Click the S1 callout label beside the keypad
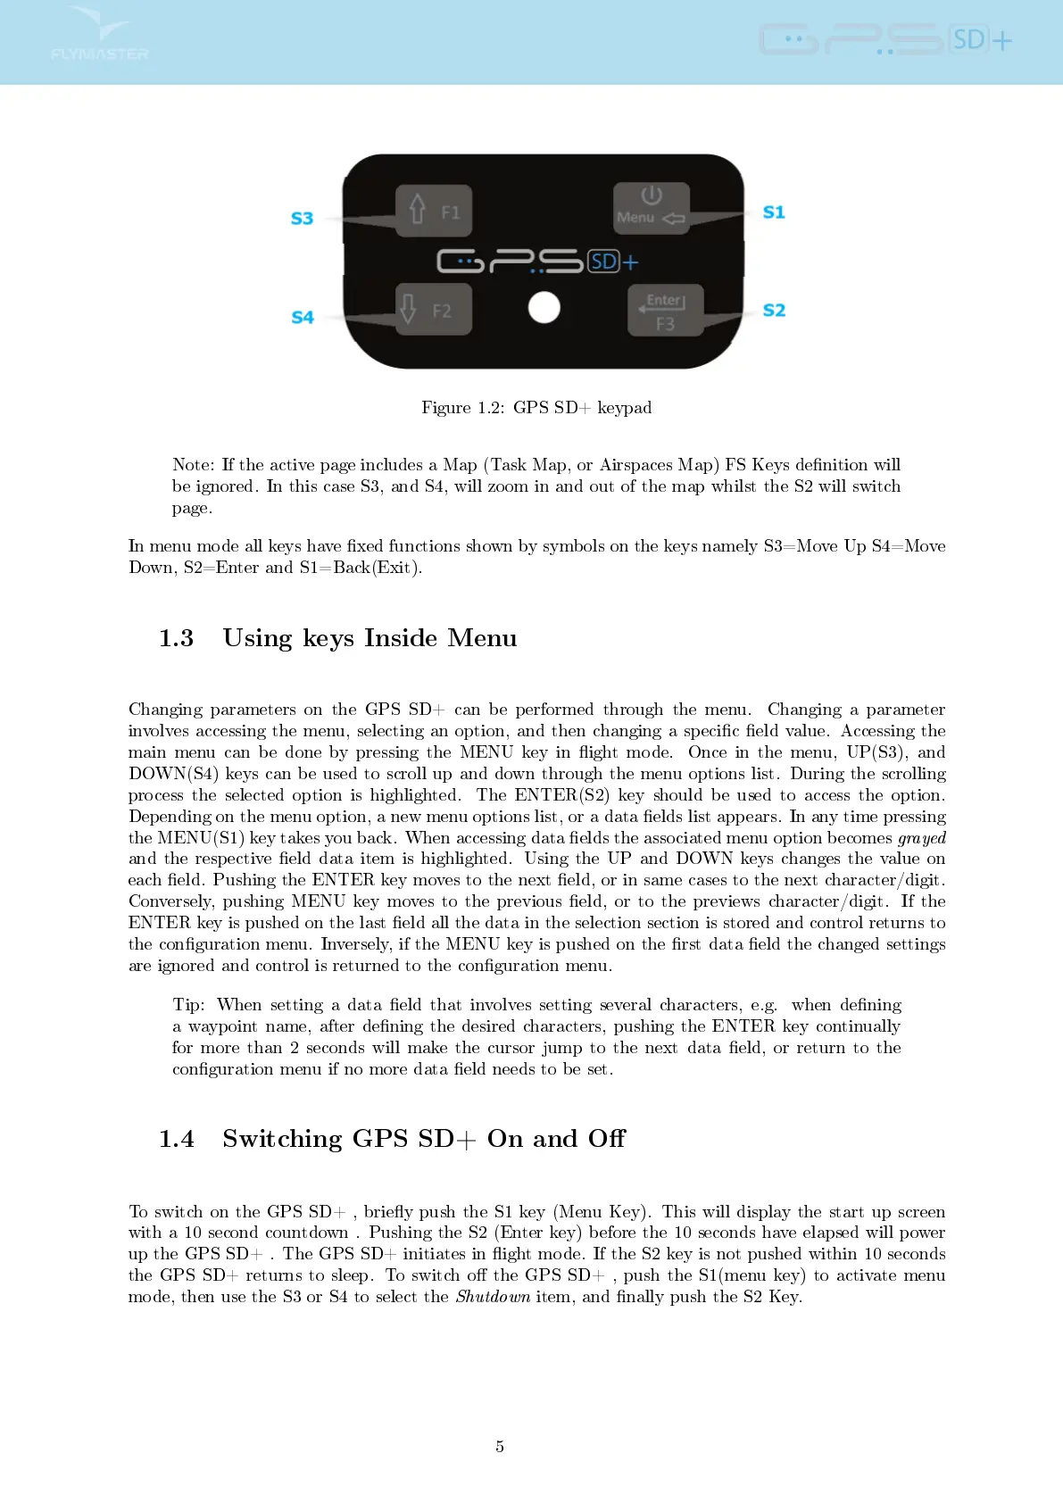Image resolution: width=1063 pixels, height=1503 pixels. coord(774,212)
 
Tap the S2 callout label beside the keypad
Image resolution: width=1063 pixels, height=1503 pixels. coord(774,311)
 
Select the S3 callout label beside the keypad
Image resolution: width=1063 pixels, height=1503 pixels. coord(303,219)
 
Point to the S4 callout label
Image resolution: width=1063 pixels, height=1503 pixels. coord(303,318)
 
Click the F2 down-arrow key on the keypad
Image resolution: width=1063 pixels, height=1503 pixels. coord(433,310)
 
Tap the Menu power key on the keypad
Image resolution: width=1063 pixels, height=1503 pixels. coord(651,208)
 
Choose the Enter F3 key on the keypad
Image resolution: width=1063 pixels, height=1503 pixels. coord(665,311)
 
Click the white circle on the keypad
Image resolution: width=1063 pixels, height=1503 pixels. coord(544,308)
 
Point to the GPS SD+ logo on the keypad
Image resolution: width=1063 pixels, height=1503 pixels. coord(537,262)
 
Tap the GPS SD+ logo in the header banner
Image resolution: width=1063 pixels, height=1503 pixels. coord(885,40)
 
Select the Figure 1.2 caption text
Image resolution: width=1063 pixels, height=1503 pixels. coord(536,408)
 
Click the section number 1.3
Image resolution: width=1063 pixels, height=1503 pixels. coord(176,638)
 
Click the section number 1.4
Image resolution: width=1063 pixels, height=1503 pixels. coord(176,1139)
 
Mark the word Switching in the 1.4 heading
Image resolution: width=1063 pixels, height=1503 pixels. coord(282,1139)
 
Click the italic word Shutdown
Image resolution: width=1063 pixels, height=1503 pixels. coord(493,1297)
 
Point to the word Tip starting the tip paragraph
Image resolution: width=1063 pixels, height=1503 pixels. coord(187,1005)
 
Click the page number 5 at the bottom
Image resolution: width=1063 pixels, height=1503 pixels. coord(500,1447)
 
